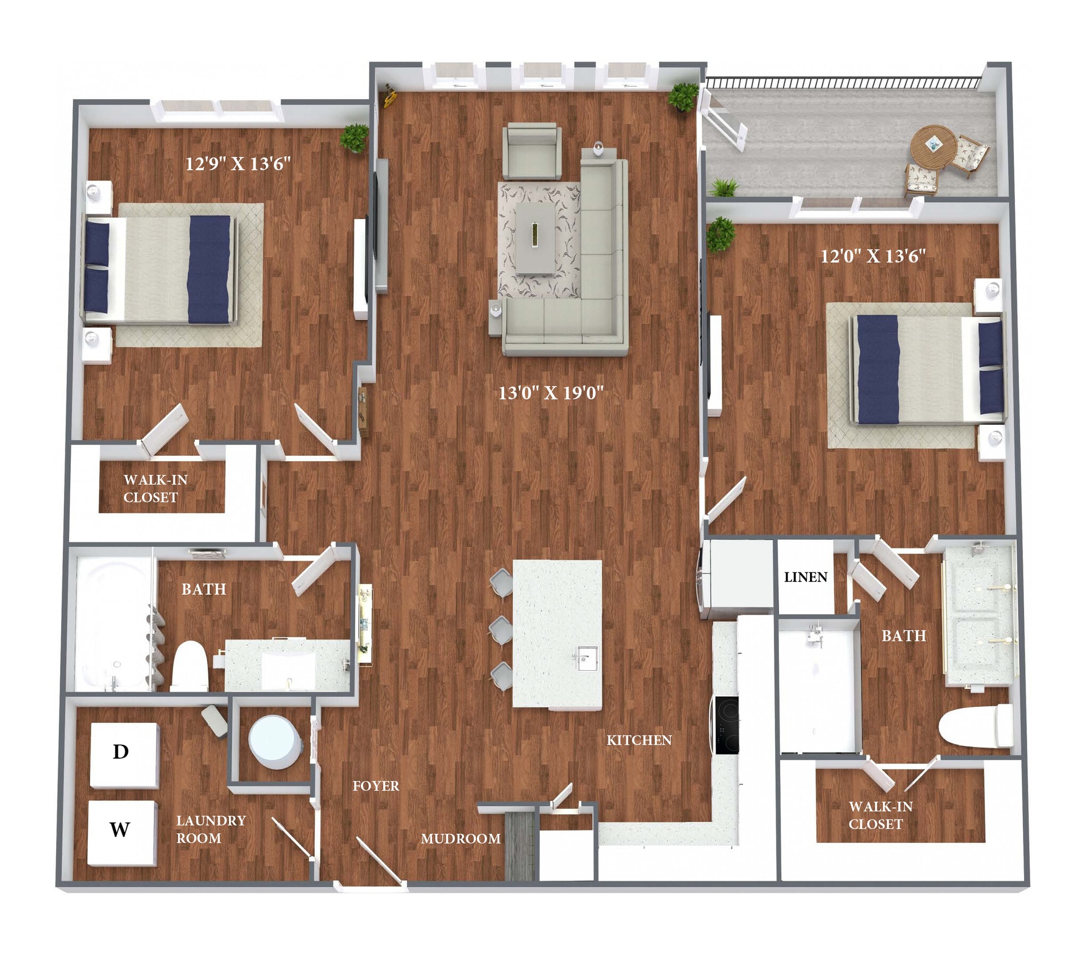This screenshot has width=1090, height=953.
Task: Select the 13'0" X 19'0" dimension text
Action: point(551,393)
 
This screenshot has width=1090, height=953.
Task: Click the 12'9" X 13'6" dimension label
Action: point(238,163)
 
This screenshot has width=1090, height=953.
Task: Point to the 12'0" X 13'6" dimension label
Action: point(873,256)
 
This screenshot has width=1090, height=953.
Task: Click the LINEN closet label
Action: point(805,577)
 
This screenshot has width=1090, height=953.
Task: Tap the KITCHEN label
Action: point(639,740)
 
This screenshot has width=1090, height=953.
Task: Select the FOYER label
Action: point(376,786)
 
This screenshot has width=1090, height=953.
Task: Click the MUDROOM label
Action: point(460,839)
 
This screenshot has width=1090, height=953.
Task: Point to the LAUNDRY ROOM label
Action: point(211,829)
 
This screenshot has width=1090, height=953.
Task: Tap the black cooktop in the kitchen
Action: point(727,725)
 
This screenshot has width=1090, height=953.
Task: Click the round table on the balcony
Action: point(933,145)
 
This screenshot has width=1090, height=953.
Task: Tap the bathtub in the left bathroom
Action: point(113,623)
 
